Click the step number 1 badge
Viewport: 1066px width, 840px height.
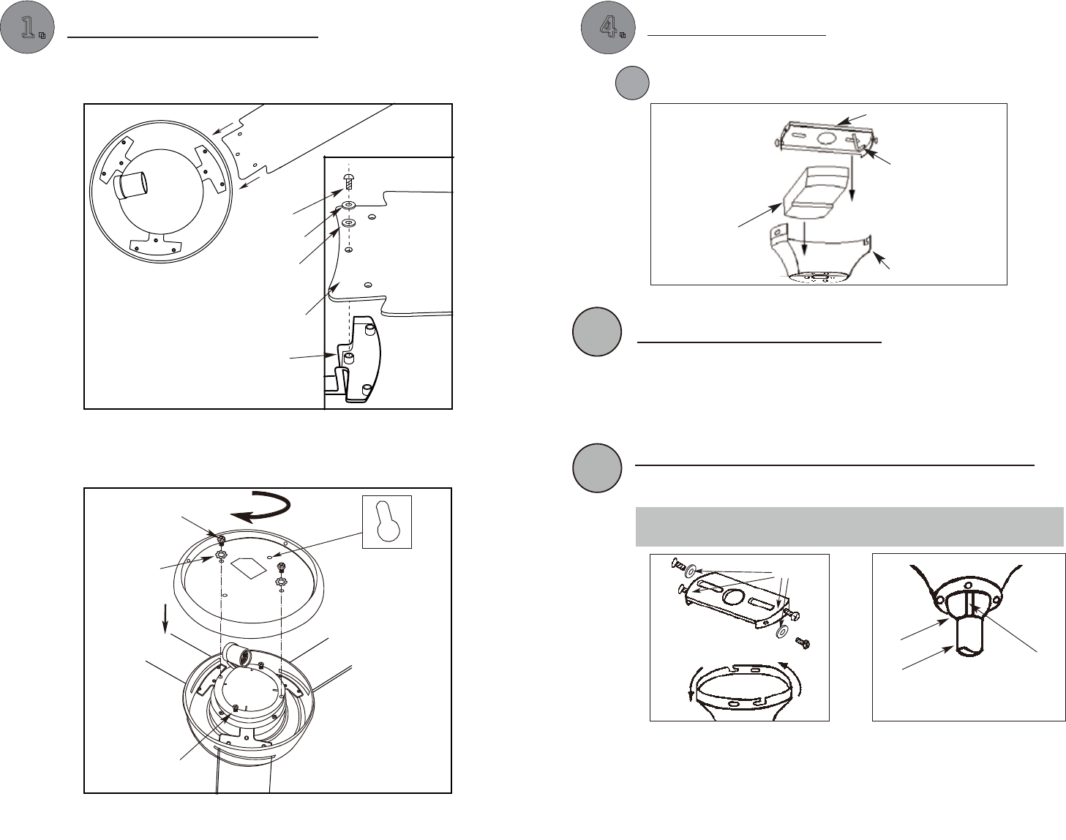coord(27,27)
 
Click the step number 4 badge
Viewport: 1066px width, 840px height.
coord(608,27)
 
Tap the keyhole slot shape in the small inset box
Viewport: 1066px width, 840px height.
coord(388,522)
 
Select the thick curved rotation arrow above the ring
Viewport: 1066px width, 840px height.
coord(263,507)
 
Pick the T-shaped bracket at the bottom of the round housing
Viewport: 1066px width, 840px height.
coord(155,243)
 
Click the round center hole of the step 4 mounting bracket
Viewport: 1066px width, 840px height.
coord(826,138)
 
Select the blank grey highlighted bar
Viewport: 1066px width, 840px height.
coord(849,526)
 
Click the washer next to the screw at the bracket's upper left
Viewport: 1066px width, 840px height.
coord(690,571)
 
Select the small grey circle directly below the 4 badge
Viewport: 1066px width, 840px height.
coord(632,83)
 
